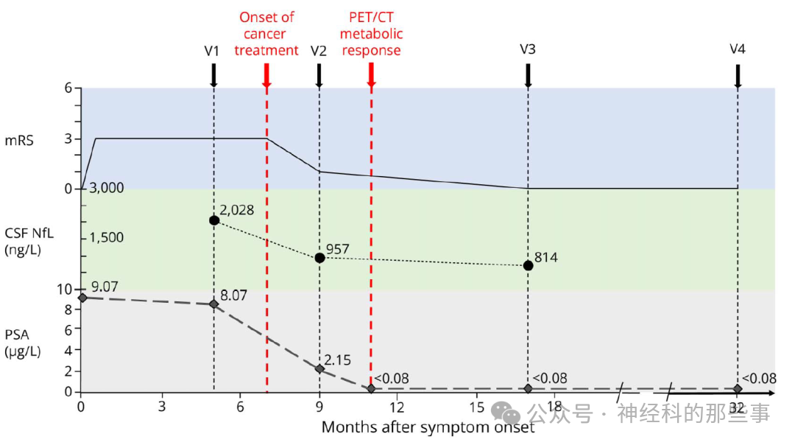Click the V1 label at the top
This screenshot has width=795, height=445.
[x=213, y=51]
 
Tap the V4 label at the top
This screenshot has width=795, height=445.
[x=738, y=49]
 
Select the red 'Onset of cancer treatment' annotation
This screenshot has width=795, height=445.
[x=266, y=34]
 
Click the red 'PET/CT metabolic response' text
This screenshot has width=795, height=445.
[x=371, y=34]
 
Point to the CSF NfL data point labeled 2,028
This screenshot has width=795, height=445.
[x=213, y=220]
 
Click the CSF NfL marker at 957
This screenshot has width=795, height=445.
[x=319, y=258]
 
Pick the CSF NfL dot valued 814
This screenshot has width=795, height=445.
[x=528, y=265]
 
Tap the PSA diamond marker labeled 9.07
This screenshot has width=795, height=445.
[x=82, y=298]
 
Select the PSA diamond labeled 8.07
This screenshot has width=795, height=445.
[x=213, y=304]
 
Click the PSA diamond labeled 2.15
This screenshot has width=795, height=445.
[x=319, y=368]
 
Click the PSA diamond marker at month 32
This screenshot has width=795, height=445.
[x=738, y=388]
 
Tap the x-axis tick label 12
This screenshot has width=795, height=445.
[x=397, y=406]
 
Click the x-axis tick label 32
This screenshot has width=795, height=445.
[x=738, y=406]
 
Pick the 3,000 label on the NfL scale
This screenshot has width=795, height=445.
[x=106, y=188]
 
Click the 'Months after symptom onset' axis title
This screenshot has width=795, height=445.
[x=428, y=427]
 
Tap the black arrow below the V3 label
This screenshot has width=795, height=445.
[x=528, y=75]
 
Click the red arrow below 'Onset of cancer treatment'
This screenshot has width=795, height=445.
[x=266, y=75]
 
